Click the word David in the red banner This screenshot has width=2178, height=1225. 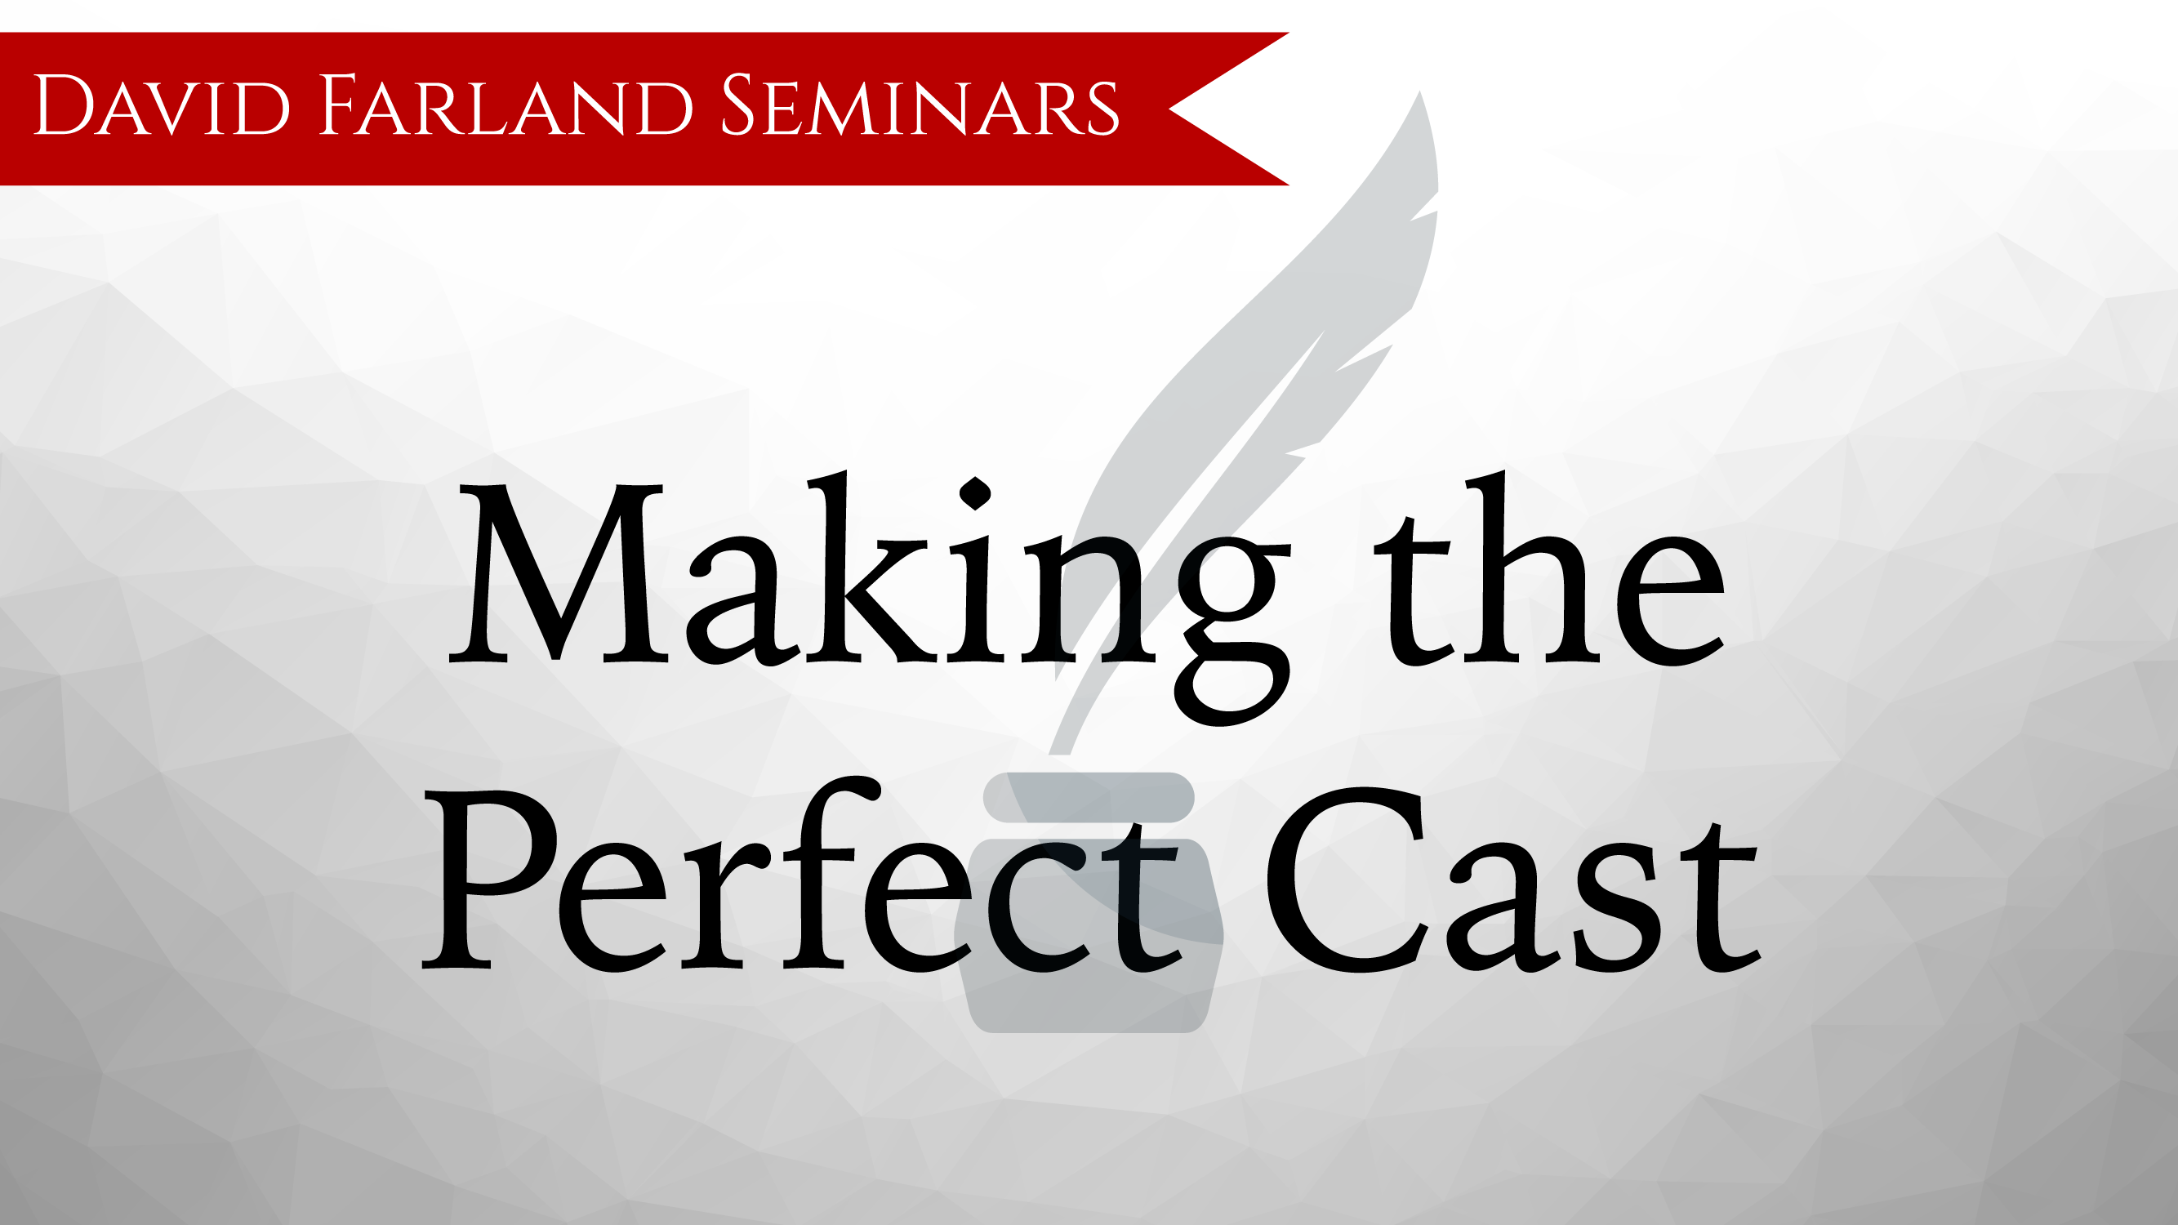[x=162, y=105]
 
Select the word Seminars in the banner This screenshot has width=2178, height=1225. [x=920, y=105]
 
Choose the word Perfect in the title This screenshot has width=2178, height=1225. [x=801, y=874]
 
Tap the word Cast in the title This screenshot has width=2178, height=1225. [x=1512, y=880]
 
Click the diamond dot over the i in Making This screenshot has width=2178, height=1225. [x=975, y=493]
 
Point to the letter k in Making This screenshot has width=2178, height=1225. [x=871, y=567]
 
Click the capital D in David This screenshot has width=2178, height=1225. [x=64, y=105]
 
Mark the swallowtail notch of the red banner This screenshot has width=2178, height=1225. [x=1169, y=109]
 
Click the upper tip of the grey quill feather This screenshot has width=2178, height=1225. [x=1419, y=92]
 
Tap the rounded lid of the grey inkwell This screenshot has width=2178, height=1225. [x=1088, y=797]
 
